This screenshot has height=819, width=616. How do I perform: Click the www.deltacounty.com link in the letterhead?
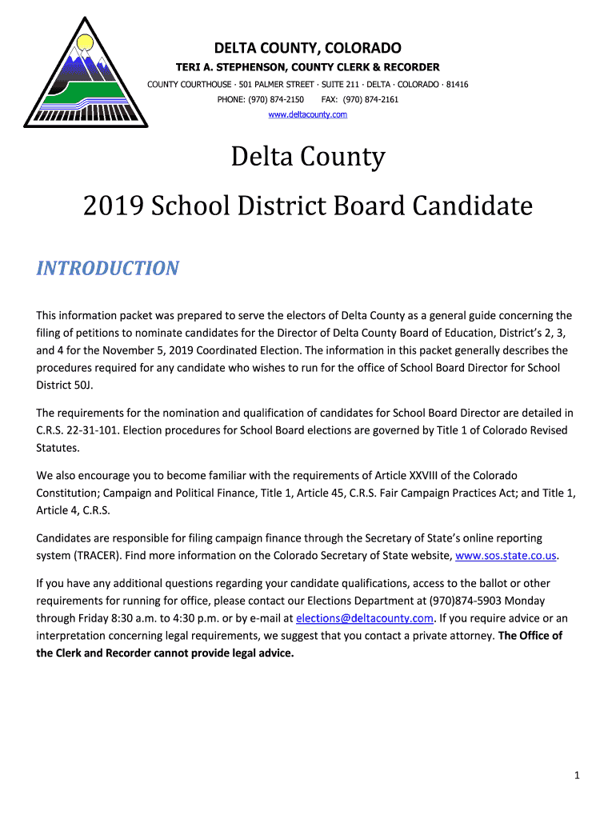307,115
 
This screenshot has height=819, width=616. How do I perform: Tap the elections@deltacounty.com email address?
365,618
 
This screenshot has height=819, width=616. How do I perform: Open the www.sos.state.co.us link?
506,555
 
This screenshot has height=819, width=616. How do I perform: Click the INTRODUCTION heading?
107,268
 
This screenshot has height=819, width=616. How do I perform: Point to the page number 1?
577,775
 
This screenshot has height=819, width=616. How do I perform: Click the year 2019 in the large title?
114,206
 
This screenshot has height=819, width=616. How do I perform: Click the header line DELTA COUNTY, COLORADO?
307,47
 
